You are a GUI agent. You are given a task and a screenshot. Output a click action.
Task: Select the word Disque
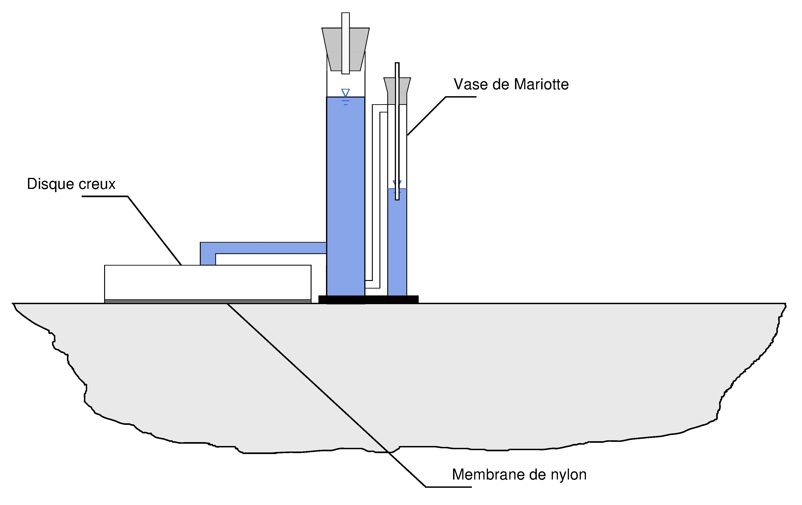tap(50, 184)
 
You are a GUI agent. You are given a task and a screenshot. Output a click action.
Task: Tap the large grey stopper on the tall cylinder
tap(345, 49)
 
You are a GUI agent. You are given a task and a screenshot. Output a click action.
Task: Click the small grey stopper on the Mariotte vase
tap(397, 91)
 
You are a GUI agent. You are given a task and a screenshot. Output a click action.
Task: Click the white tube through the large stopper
tap(345, 43)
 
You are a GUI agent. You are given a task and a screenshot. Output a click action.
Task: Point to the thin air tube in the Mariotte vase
tap(397, 131)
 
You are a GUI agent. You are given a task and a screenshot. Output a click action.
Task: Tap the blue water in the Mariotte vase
tap(397, 242)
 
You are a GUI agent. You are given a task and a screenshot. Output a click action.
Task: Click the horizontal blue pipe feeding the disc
tap(263, 248)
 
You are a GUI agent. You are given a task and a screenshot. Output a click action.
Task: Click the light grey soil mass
tap(400, 373)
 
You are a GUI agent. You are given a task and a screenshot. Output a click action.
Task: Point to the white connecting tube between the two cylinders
tap(376, 197)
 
